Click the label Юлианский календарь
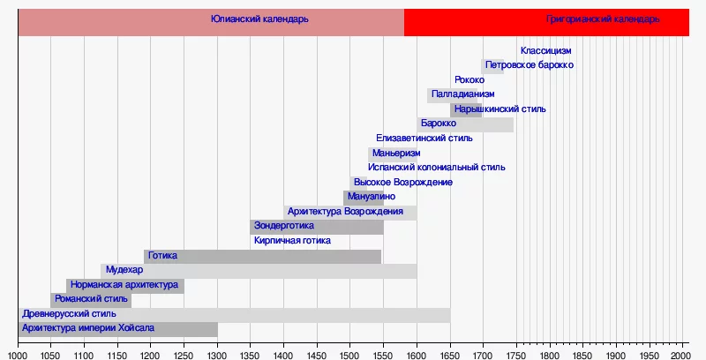(259, 19)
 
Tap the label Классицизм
(545, 50)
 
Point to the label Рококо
(469, 80)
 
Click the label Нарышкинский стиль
(499, 109)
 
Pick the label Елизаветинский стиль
(424, 138)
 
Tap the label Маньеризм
(396, 153)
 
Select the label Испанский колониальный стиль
(437, 167)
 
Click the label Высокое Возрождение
(402, 182)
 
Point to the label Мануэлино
(372, 196)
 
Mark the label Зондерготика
(283, 226)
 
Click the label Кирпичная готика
(292, 240)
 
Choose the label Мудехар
(124, 269)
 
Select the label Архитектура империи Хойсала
(87, 327)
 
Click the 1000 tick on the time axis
(18, 355)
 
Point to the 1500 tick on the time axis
(350, 355)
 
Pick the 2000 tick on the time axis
(683, 355)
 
